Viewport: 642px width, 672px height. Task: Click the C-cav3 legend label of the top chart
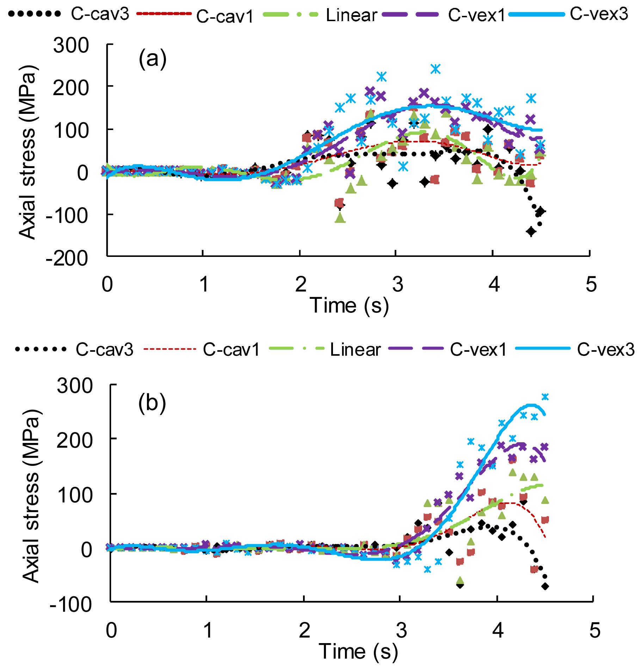click(99, 15)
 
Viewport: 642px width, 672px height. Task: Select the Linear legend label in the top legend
click(351, 16)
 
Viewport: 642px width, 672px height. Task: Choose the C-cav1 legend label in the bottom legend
click(231, 350)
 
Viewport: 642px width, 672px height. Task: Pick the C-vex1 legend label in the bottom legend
click(478, 350)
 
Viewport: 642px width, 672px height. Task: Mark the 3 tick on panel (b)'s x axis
click(401, 630)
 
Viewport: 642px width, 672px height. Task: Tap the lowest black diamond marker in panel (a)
click(531, 232)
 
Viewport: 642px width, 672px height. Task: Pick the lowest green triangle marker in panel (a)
click(340, 218)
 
